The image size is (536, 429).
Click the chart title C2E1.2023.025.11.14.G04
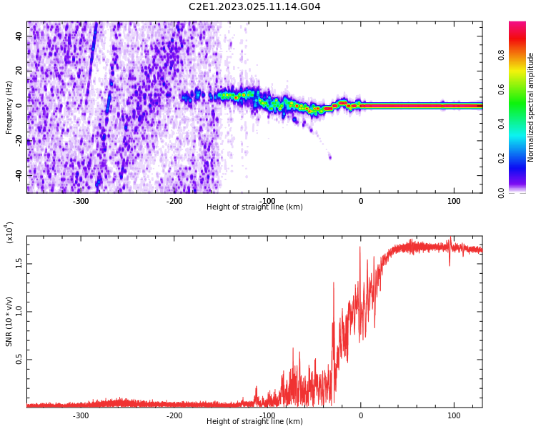coord(254,7)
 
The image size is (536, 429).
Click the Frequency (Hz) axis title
coord(9,107)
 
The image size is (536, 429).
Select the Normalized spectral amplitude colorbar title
coord(531,107)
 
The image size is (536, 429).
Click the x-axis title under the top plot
coord(254,207)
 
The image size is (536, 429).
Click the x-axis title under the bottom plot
coord(254,422)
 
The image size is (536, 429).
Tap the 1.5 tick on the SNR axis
coord(19,263)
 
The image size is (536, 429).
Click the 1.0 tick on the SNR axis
coord(19,311)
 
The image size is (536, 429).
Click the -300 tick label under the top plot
coord(81,201)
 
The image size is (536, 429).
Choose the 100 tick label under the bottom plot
coord(454,415)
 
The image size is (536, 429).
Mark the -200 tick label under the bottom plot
coord(174,415)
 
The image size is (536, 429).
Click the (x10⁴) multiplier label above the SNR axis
coord(9,232)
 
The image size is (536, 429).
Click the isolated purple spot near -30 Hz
coord(329,157)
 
